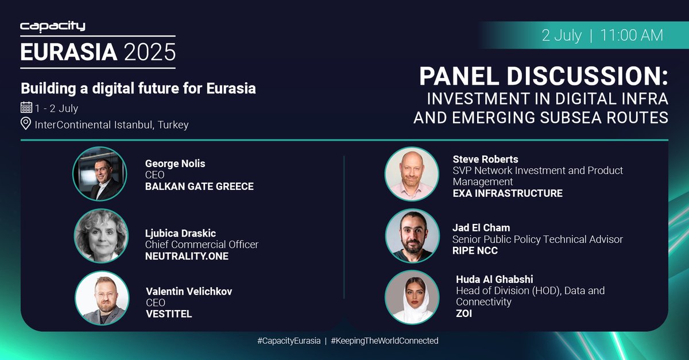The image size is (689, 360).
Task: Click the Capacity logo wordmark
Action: [x=53, y=26]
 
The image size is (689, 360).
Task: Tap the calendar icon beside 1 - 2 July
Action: [x=26, y=107]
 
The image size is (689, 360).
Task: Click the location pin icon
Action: [x=26, y=124]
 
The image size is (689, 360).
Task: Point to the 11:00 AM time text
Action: [x=632, y=35]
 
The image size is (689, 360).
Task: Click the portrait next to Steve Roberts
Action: [x=412, y=174]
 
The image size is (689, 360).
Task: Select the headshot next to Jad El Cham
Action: [x=412, y=235]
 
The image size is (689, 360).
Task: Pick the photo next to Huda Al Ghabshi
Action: [x=412, y=297]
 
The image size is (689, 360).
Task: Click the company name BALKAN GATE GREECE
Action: [x=199, y=186]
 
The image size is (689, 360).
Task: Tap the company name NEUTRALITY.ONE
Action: [x=187, y=256]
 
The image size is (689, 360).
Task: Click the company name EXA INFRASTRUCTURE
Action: [x=508, y=193]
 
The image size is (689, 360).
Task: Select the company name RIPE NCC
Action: [x=474, y=250]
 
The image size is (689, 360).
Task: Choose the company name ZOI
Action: [x=464, y=313]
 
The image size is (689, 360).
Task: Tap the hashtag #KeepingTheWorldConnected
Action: [x=384, y=340]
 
